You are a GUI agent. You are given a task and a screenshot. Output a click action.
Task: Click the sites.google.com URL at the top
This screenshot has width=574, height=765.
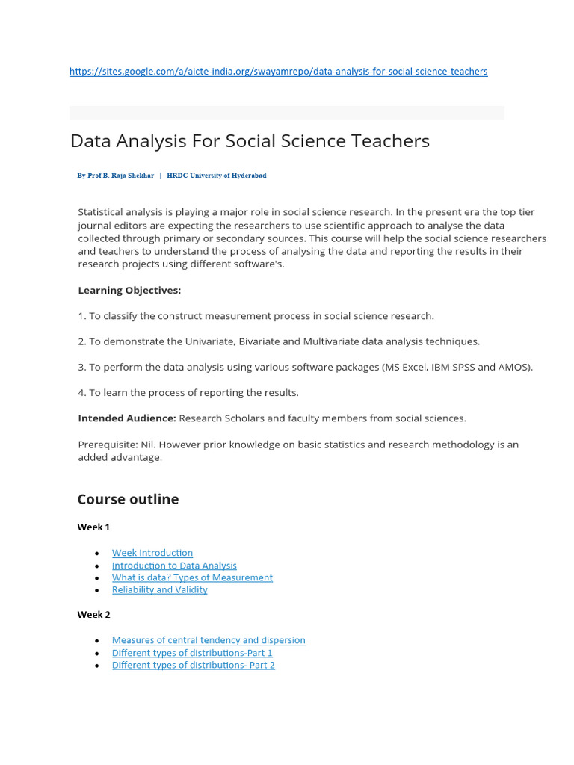[x=278, y=72]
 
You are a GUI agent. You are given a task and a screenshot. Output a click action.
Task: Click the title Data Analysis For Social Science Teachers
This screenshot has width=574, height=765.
[x=250, y=141]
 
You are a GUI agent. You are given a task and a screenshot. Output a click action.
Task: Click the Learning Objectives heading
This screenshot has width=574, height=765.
[x=129, y=290]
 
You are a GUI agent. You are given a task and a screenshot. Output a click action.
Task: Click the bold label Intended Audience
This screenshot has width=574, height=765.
[x=127, y=418]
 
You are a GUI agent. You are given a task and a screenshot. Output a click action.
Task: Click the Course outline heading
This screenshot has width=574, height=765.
[x=128, y=499]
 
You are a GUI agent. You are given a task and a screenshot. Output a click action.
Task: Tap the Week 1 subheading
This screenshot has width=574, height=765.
[x=93, y=527]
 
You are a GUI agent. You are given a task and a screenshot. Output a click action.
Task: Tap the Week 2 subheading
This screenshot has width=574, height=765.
[x=93, y=615]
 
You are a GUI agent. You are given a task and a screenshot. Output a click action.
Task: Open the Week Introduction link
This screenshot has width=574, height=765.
[x=152, y=553]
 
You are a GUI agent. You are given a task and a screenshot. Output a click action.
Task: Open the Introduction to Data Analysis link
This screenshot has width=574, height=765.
[x=174, y=566]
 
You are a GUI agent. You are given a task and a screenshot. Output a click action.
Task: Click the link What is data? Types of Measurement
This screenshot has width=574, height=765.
[x=192, y=577]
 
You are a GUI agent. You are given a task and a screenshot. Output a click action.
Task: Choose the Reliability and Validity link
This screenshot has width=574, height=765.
[x=159, y=590]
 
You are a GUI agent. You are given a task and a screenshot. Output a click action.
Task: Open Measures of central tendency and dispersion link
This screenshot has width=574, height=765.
[x=209, y=640]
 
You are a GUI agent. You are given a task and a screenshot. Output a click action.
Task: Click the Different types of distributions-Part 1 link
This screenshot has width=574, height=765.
[x=192, y=653]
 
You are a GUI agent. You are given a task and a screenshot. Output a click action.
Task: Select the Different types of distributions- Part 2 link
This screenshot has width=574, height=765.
[x=193, y=666]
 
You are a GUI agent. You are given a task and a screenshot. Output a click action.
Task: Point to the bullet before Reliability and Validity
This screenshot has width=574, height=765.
[x=97, y=591]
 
